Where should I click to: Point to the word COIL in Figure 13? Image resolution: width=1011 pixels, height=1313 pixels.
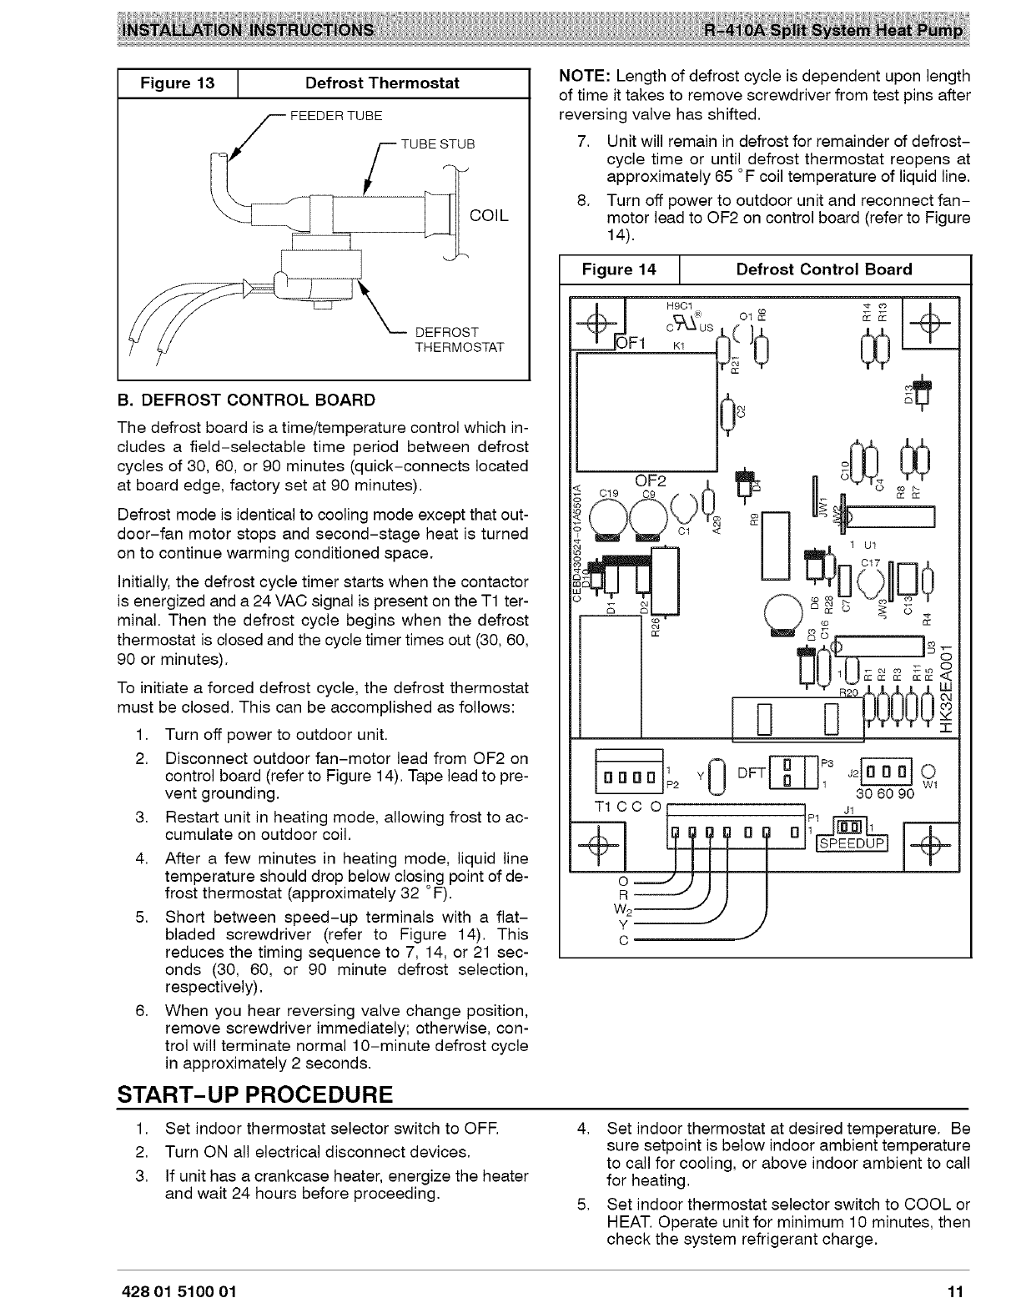pos(489,216)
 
